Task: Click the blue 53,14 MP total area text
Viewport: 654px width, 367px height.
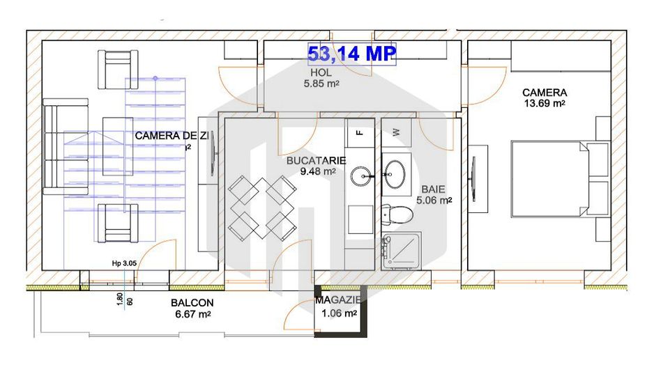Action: tap(352, 53)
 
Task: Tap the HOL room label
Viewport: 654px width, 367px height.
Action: tap(321, 72)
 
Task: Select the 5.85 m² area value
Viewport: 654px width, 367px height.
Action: tap(321, 84)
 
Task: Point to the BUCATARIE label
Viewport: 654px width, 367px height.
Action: tap(317, 160)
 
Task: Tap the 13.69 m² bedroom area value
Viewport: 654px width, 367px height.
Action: tap(544, 103)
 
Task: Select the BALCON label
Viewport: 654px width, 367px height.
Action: tap(192, 303)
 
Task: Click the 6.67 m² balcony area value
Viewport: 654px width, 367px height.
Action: tap(192, 314)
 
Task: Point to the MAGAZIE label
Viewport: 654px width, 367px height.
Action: tap(338, 300)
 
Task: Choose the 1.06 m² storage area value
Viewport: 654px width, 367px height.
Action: tap(340, 313)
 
